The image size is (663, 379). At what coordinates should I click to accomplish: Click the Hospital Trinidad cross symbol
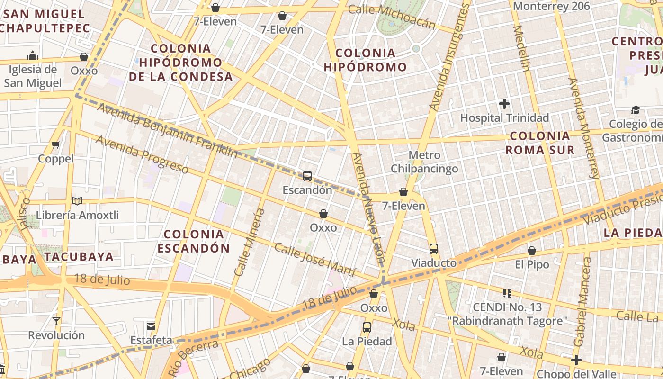click(504, 103)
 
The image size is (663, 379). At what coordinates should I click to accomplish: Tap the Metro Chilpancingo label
click(424, 162)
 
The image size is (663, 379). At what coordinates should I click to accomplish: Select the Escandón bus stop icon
click(307, 176)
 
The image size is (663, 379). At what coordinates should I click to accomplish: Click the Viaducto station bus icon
click(433, 249)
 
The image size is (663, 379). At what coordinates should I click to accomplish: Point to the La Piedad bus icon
click(367, 327)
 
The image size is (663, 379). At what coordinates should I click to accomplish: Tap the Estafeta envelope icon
click(151, 326)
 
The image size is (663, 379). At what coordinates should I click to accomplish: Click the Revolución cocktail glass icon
click(56, 321)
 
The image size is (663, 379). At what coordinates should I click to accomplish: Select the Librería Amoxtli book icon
click(77, 201)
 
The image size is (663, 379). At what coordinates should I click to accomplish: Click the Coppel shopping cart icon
click(56, 144)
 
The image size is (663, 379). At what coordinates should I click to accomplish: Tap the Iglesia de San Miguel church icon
click(33, 55)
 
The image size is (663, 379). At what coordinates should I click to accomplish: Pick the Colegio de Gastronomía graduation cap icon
click(636, 110)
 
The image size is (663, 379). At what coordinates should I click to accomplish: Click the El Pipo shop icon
click(532, 251)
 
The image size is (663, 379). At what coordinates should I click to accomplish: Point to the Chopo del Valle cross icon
click(576, 360)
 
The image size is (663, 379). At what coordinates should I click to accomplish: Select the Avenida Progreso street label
click(142, 154)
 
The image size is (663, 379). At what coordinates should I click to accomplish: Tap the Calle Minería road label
click(250, 242)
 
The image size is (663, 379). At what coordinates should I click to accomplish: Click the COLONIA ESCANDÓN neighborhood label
click(194, 241)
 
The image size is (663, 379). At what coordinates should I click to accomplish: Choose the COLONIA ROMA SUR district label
click(540, 143)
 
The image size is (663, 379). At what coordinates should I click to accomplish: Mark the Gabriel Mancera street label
click(582, 302)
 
